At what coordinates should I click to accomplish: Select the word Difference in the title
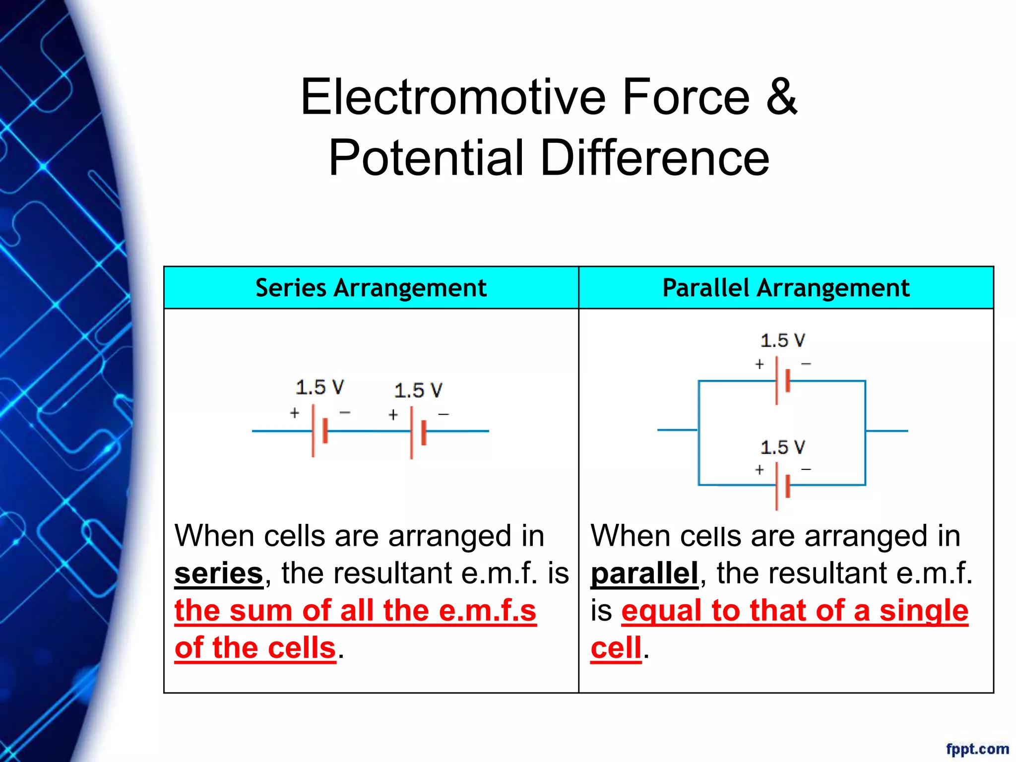click(x=654, y=158)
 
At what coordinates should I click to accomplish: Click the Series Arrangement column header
click(x=371, y=288)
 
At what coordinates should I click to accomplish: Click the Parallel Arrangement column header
click(x=786, y=288)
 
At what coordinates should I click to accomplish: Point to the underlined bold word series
click(x=218, y=574)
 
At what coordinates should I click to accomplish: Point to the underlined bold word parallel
click(x=644, y=574)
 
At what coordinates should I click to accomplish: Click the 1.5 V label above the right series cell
click(x=418, y=390)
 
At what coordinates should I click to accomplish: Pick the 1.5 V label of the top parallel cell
click(x=782, y=341)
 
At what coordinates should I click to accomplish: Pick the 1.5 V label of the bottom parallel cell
click(x=782, y=447)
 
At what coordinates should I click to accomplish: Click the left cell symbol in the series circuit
click(x=319, y=431)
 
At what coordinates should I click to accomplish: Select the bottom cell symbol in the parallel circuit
click(x=782, y=486)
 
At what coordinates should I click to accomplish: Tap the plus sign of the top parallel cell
click(x=759, y=365)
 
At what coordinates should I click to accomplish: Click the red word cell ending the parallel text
click(x=616, y=648)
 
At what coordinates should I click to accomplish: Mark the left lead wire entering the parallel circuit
click(x=677, y=430)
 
